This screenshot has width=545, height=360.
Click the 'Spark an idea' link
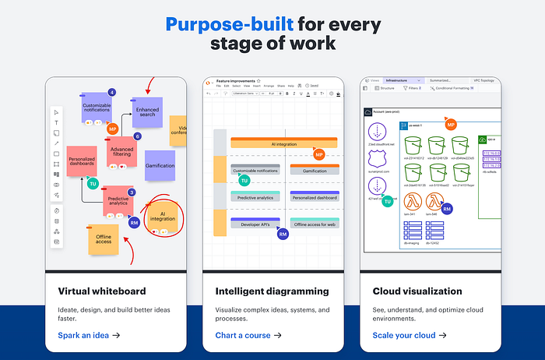[x=89, y=335]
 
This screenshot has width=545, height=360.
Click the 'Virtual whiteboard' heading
[x=103, y=291]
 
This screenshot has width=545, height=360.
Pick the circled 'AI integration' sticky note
[x=163, y=214]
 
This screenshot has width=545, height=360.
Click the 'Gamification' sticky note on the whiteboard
[x=160, y=166]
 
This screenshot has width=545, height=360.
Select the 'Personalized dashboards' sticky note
[x=82, y=161]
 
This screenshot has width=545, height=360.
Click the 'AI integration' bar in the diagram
[x=283, y=144]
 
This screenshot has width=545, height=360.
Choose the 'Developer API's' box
[x=255, y=224]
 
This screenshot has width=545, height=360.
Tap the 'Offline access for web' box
[x=315, y=224]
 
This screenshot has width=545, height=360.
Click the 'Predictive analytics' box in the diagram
[x=255, y=198]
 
